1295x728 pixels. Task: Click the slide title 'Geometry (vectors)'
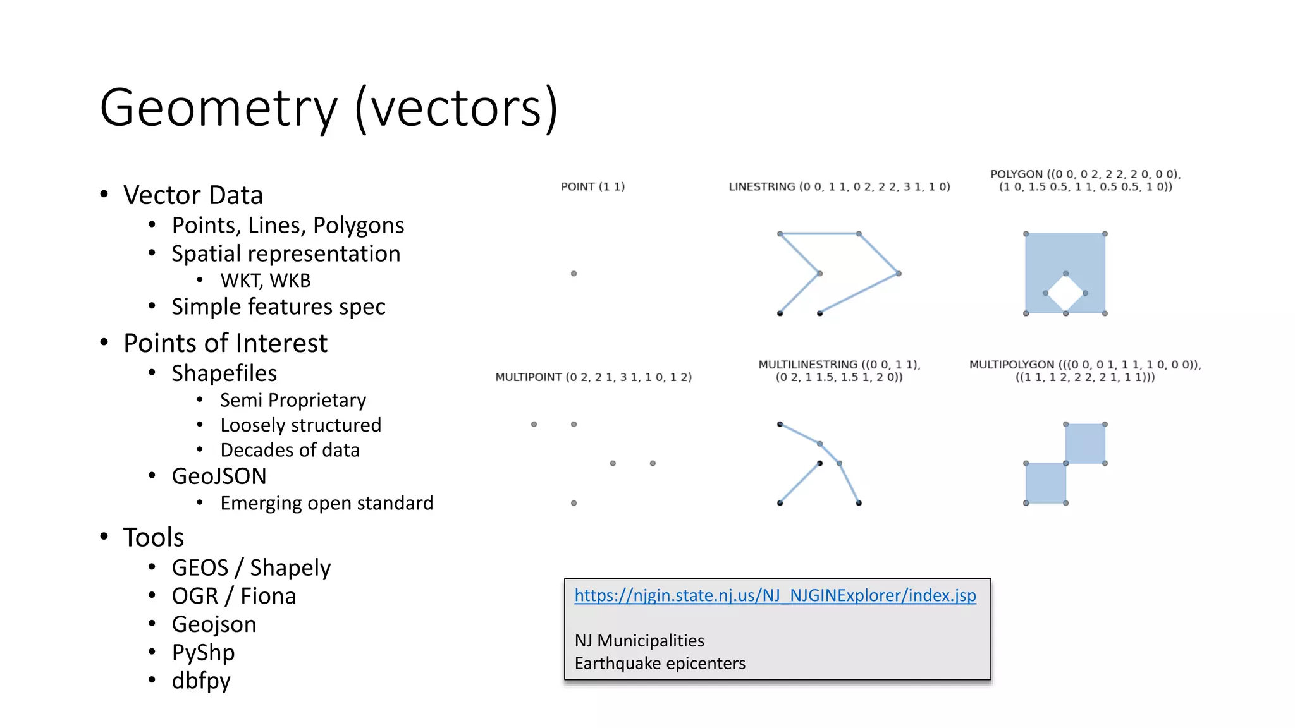(329, 107)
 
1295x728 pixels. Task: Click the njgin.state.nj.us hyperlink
(775, 595)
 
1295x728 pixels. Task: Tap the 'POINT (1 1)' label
(592, 186)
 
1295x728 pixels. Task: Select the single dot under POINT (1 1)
(574, 274)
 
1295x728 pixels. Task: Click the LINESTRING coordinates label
(839, 186)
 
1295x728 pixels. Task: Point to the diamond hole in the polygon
(1065, 293)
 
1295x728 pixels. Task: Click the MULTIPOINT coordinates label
(593, 377)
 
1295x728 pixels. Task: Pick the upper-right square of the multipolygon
(1085, 444)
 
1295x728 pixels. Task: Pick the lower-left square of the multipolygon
(1046, 483)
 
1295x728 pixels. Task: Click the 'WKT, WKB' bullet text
(266, 280)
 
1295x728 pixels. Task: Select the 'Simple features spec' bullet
(278, 306)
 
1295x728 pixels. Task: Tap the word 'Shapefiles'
(224, 373)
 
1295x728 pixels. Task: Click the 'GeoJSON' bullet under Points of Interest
(219, 476)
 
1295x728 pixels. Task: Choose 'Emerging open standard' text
(326, 503)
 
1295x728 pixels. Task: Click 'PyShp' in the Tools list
(203, 652)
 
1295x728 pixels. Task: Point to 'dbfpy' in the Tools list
(201, 681)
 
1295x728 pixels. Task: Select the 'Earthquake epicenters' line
(660, 664)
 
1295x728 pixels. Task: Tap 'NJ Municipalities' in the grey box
(639, 641)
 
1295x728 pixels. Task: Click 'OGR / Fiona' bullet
(233, 596)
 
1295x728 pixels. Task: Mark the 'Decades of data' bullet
(290, 450)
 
